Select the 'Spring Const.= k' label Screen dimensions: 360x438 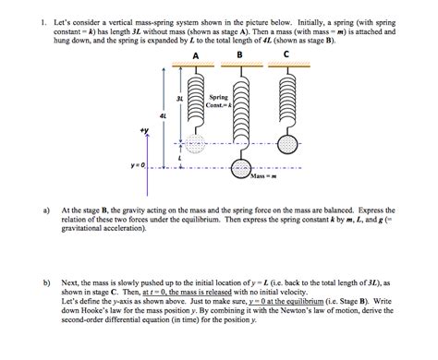click(x=219, y=101)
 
